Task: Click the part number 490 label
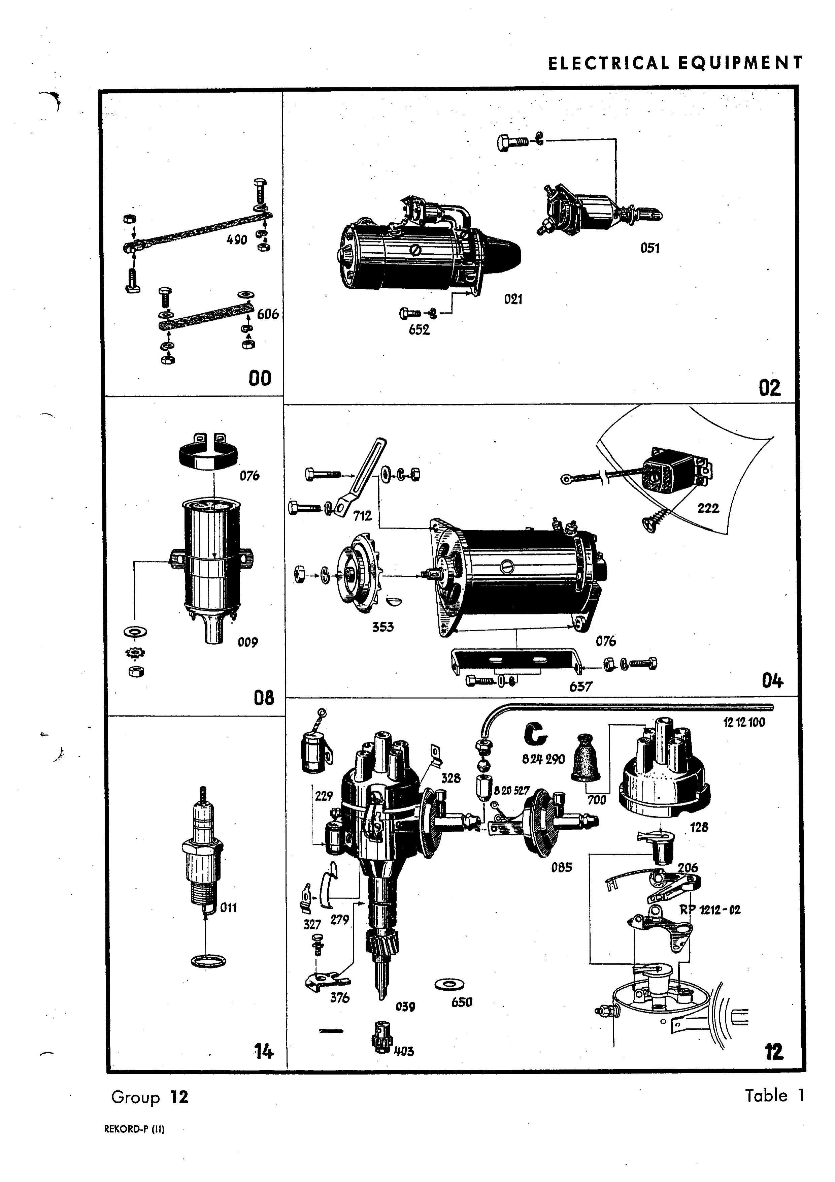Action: pos(237,239)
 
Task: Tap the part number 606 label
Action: pos(268,314)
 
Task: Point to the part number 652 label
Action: pos(419,329)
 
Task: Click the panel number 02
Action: pos(770,388)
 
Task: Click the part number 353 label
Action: pos(383,627)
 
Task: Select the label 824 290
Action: pos(543,759)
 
